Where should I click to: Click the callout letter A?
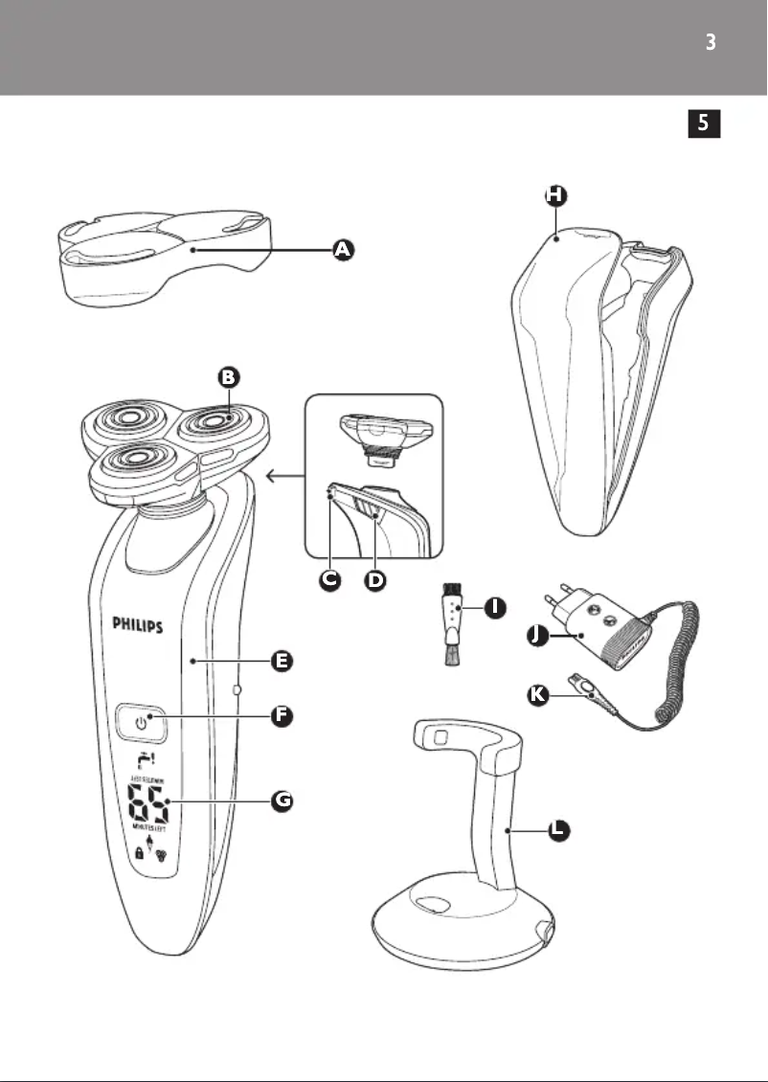342,250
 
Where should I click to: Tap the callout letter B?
228,377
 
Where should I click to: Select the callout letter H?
555,195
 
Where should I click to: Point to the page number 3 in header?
710,43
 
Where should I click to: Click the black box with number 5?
704,123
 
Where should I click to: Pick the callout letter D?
376,581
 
